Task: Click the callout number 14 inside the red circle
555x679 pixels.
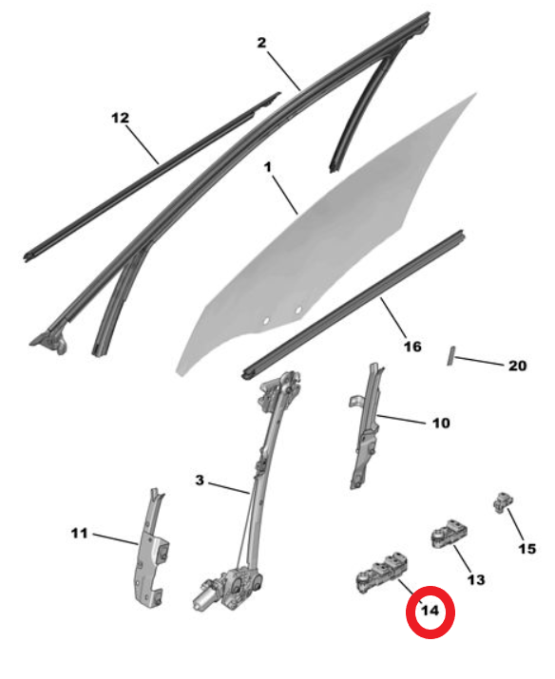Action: [x=430, y=611]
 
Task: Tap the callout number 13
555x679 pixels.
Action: [x=475, y=579]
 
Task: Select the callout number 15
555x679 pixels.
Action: [x=527, y=549]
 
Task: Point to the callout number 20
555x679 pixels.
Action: [x=517, y=366]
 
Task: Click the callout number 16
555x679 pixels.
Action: [x=412, y=347]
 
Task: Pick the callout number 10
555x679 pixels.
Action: [x=441, y=423]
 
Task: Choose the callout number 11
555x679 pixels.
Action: [x=79, y=533]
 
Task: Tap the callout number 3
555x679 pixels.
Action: [x=200, y=481]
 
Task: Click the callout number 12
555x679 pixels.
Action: [x=121, y=118]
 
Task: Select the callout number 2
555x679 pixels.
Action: [x=261, y=43]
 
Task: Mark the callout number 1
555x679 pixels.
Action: [x=268, y=167]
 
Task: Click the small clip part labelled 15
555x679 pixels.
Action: [x=503, y=502]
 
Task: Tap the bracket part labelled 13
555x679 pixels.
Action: [x=450, y=533]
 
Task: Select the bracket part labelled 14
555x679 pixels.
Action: [x=381, y=573]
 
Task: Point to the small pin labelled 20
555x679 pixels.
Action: [x=450, y=355]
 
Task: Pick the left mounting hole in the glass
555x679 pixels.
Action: [x=266, y=320]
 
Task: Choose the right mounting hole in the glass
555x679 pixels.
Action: [x=298, y=310]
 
